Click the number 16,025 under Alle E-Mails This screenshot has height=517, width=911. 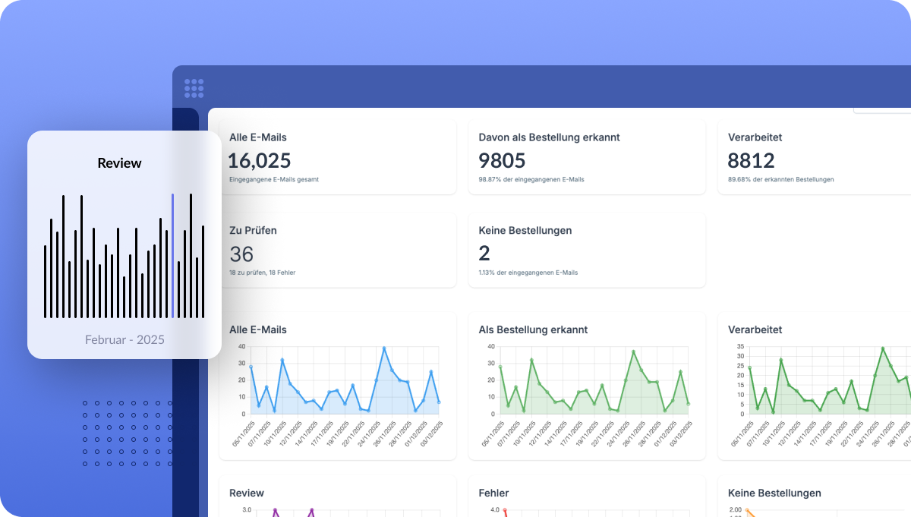(260, 160)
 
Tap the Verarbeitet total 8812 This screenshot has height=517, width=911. (751, 160)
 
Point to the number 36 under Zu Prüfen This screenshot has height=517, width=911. (241, 254)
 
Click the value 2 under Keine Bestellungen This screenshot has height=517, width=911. (484, 254)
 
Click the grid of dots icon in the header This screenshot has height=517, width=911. (194, 88)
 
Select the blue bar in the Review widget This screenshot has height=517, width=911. (172, 255)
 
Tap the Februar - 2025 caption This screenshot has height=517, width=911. (125, 339)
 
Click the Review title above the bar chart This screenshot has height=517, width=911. (119, 163)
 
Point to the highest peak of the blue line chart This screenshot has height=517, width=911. (384, 348)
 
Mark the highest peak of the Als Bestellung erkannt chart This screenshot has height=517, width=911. (633, 351)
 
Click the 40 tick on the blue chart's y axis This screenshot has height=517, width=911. (241, 346)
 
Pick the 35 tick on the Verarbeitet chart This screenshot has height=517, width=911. (739, 346)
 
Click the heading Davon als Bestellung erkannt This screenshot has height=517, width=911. (549, 137)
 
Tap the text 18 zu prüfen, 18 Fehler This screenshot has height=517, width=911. (262, 272)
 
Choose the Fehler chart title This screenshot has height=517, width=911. (493, 493)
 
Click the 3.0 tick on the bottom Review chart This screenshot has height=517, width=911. (247, 510)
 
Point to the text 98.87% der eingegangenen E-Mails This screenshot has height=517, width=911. (531, 179)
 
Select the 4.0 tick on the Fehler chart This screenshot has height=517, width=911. (494, 510)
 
